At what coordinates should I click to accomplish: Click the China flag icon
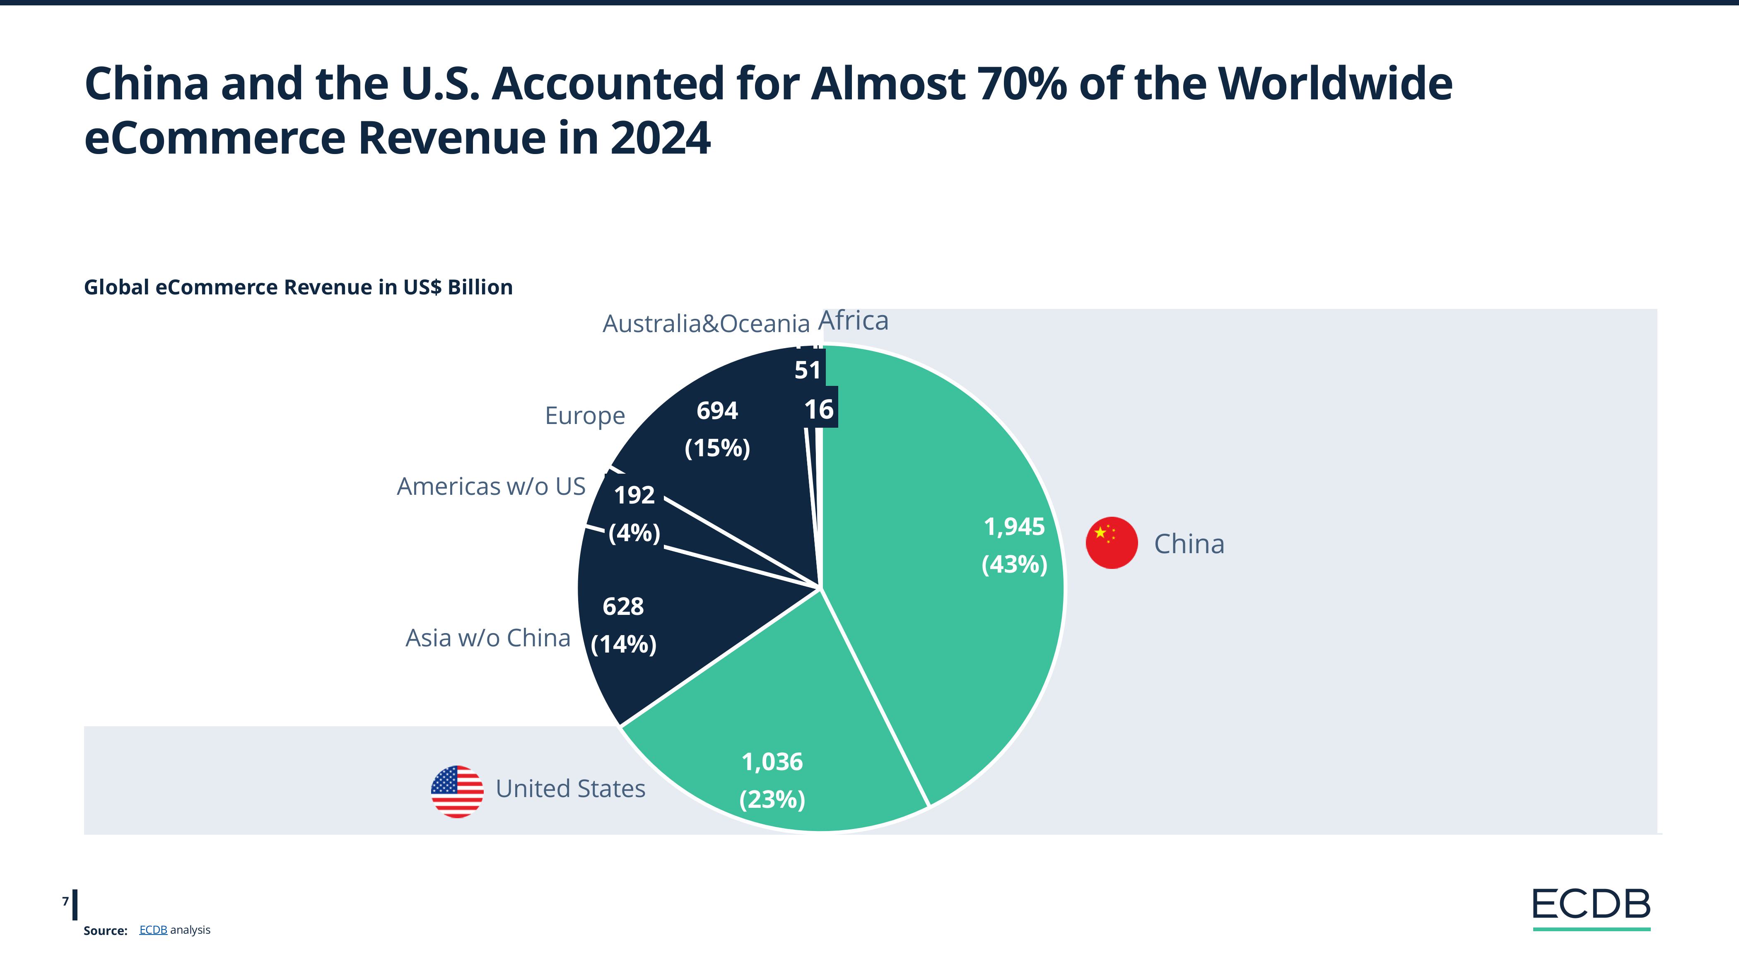tap(1111, 543)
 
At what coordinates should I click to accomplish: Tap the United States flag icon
tap(457, 791)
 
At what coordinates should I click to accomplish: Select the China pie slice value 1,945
tap(1014, 526)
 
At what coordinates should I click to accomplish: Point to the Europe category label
tap(585, 416)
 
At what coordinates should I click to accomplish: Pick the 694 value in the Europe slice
tap(717, 410)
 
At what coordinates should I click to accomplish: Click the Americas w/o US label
tap(491, 486)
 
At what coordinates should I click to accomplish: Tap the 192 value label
tap(634, 495)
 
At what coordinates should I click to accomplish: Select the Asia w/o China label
tap(487, 638)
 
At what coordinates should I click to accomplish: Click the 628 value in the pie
tap(622, 607)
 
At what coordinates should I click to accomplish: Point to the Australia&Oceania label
tap(705, 324)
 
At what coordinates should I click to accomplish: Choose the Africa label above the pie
tap(853, 320)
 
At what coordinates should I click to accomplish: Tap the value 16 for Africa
tap(819, 409)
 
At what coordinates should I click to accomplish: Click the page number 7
tap(65, 901)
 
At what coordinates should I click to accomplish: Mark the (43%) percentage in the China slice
tap(1014, 564)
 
